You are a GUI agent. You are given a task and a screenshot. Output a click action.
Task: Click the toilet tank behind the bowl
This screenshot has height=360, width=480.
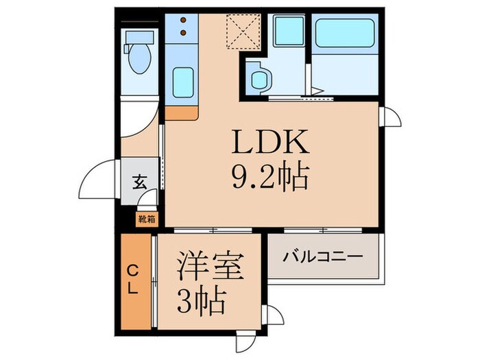(x=137, y=36)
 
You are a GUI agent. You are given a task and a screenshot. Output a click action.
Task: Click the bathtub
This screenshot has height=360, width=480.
(x=345, y=32)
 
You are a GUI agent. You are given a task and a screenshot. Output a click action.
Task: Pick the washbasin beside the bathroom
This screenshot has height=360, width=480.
(x=258, y=80)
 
